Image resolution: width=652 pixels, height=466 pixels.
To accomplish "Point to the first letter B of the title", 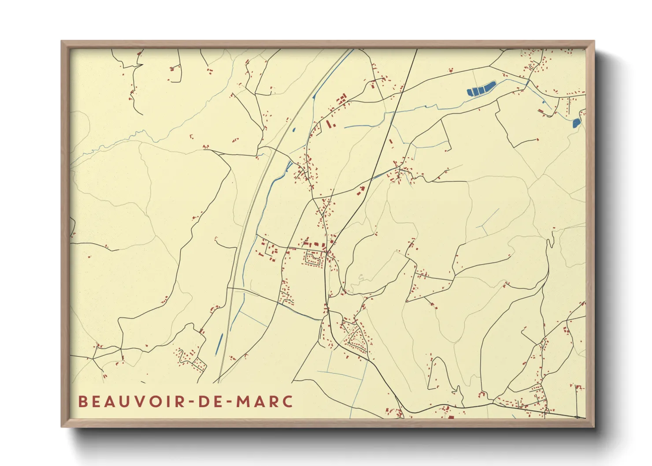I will [x=82, y=402].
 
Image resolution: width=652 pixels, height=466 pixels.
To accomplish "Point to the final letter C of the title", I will [x=288, y=402].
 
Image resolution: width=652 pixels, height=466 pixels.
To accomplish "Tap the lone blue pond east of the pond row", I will [x=576, y=123].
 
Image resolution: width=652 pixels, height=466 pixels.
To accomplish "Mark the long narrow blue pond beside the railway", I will [x=219, y=344].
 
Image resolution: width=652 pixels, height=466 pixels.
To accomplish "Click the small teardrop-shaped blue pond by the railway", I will [x=294, y=130].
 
